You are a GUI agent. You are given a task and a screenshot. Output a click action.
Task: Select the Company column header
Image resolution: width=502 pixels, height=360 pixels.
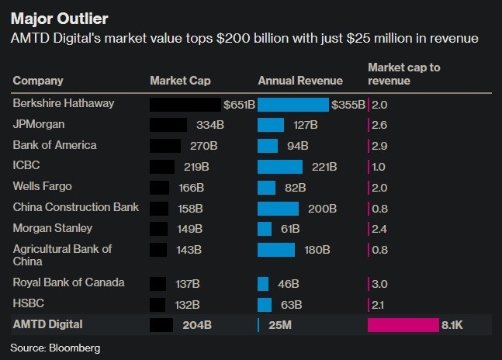tap(38, 80)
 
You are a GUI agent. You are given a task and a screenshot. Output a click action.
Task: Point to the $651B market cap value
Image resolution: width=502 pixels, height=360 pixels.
tap(238, 104)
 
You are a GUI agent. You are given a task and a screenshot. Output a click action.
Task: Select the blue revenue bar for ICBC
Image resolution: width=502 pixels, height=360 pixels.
tap(279, 166)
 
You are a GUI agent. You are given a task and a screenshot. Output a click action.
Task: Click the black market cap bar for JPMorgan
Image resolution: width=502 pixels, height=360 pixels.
tap(168, 124)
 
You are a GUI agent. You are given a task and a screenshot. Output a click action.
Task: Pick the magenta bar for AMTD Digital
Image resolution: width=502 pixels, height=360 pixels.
tap(403, 324)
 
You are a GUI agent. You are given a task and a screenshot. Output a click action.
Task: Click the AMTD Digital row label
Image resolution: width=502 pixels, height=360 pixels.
tap(48, 324)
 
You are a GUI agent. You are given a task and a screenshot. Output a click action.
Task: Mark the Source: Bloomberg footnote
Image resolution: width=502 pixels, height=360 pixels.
tap(56, 348)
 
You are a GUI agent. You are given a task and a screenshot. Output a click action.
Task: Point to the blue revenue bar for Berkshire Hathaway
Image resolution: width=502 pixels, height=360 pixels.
tap(293, 104)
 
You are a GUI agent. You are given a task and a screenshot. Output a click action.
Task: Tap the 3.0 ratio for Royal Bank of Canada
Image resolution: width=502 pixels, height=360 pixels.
tap(380, 282)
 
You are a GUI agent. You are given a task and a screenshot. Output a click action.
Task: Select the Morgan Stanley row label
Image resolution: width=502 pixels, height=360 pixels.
tap(53, 228)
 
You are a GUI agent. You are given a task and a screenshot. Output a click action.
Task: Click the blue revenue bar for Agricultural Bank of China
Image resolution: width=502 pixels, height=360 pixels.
tap(275, 249)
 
